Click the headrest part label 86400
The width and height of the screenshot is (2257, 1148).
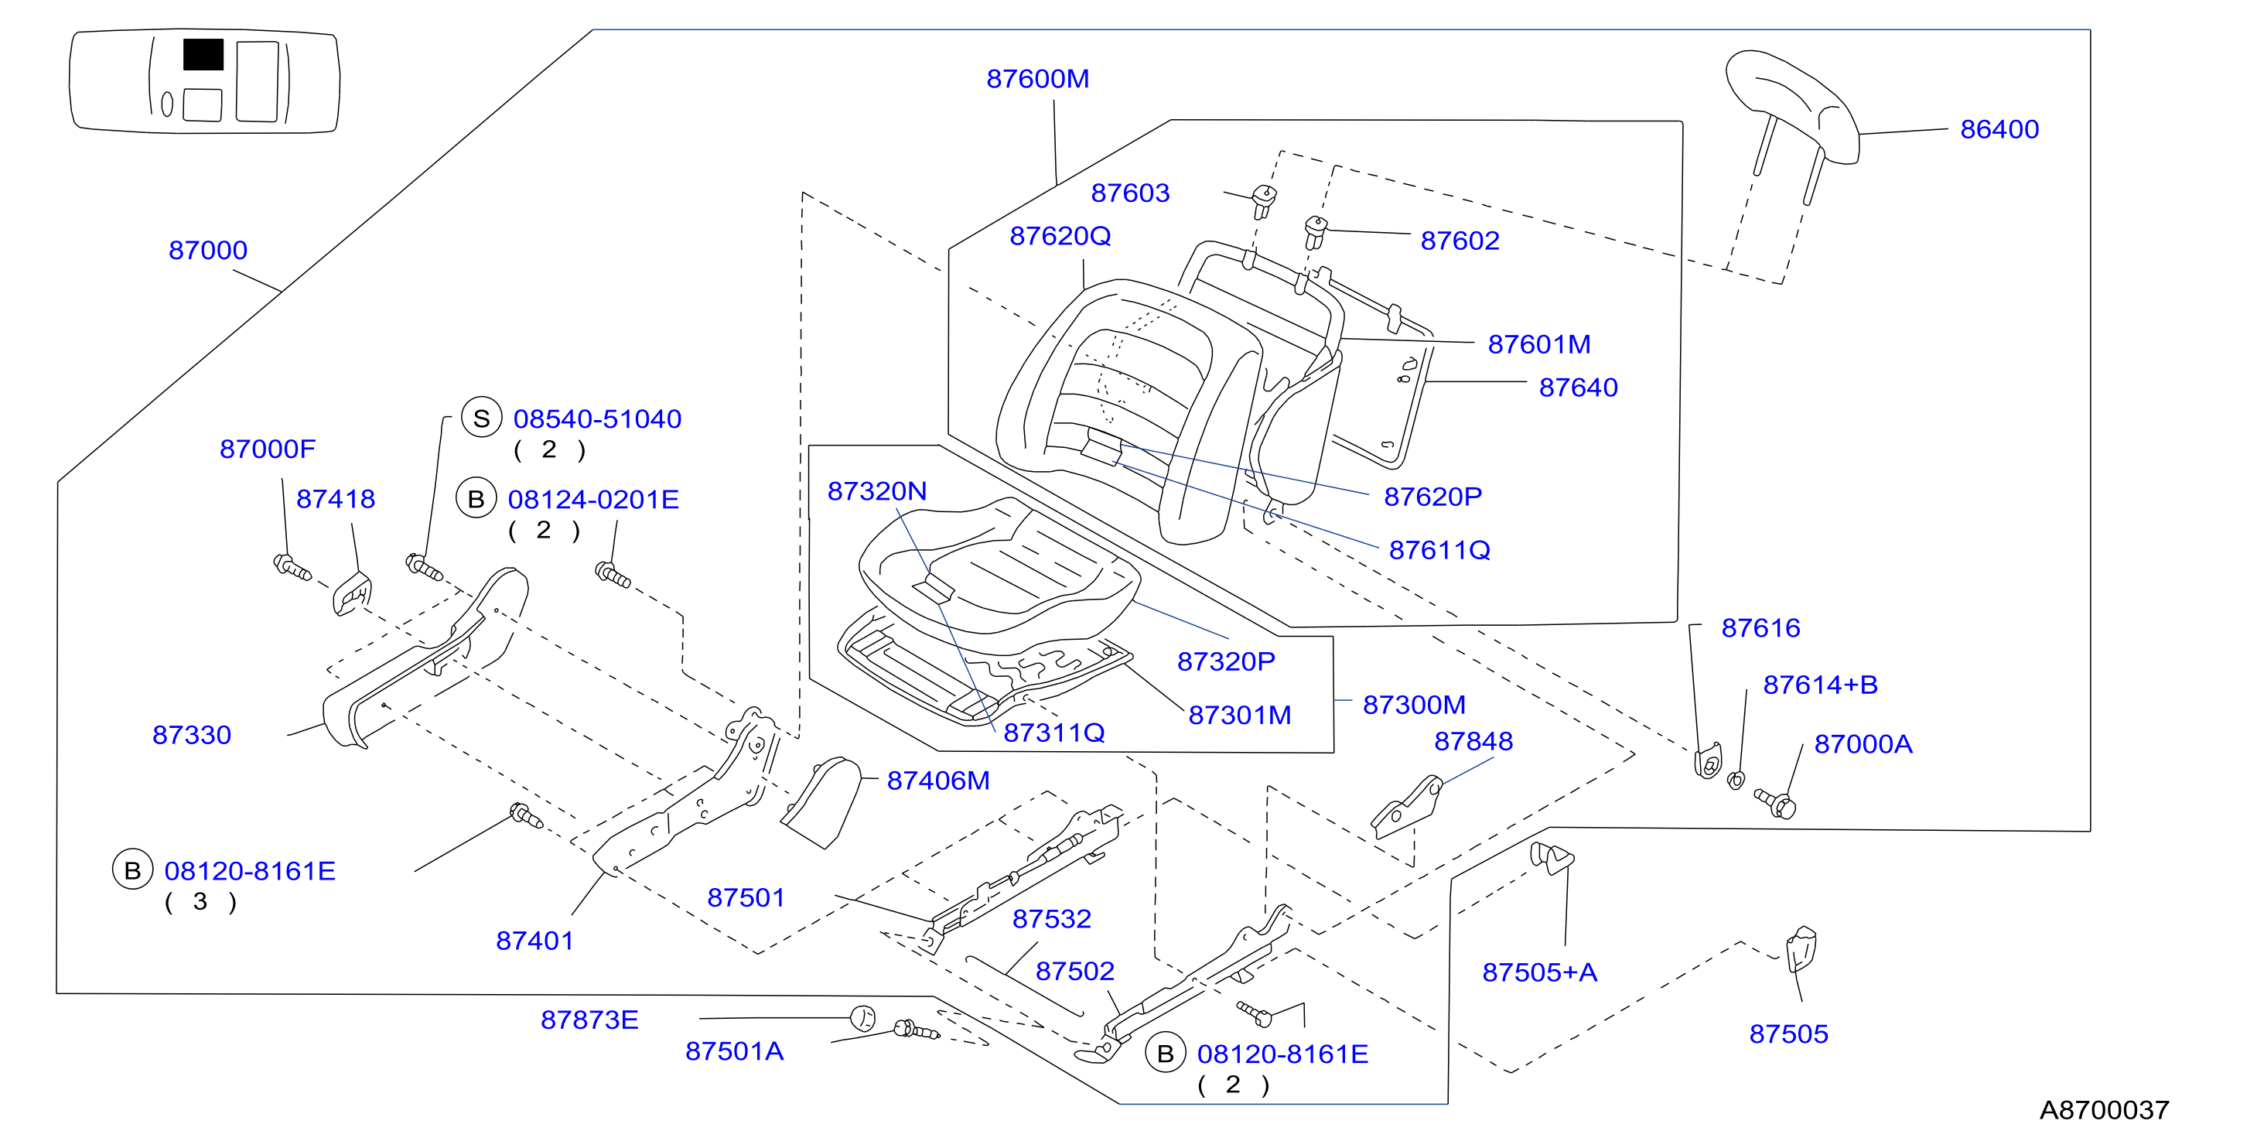pos(1999,129)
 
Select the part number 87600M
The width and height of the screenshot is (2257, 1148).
pos(1037,79)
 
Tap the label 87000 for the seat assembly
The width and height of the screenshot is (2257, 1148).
pos(207,250)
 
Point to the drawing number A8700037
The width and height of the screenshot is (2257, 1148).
pos(2104,1109)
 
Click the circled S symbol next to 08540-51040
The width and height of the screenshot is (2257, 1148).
pos(481,418)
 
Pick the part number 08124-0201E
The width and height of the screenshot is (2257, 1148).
pos(593,500)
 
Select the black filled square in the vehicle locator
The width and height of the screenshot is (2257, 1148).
pos(203,54)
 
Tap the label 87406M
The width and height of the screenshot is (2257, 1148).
pos(937,780)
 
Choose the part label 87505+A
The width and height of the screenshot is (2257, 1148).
pos(1539,972)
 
